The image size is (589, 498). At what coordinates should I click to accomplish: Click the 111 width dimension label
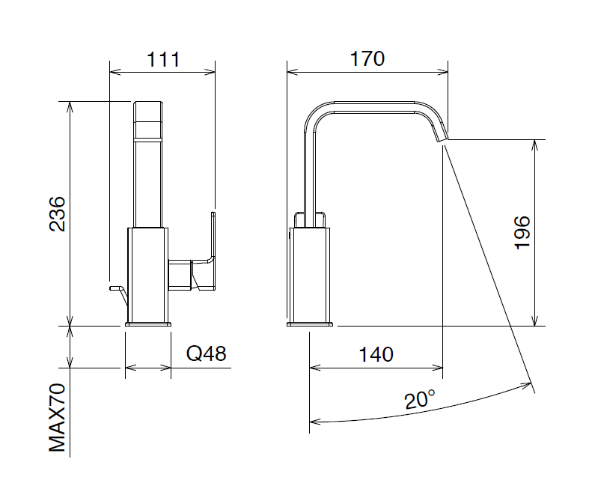163,60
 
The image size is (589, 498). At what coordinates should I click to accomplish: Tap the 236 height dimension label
58,213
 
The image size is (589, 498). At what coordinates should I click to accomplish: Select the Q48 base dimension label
207,353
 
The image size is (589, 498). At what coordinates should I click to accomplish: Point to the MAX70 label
58,418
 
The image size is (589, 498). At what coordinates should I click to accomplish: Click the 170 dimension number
367,59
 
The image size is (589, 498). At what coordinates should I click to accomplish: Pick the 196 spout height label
522,233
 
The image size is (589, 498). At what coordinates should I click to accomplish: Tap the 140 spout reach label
376,354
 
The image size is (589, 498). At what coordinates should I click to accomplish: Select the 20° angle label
420,399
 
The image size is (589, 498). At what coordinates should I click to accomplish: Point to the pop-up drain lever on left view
118,294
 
